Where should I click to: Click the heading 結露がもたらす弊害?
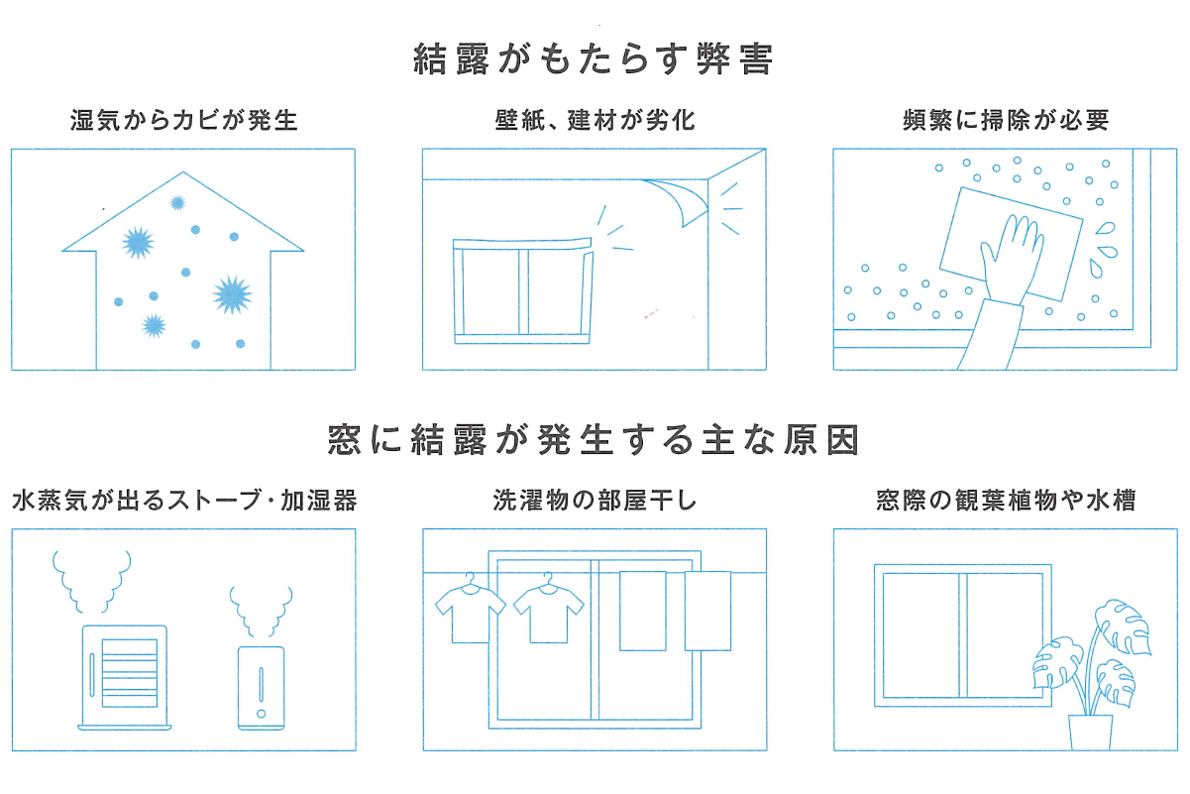click(x=593, y=59)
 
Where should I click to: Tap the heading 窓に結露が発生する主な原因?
click(x=594, y=439)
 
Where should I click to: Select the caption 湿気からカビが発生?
click(x=184, y=120)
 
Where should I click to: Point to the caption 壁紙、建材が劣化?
click(x=595, y=120)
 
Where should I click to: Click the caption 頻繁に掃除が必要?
click(x=1006, y=120)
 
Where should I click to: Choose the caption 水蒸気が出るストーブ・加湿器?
click(x=184, y=501)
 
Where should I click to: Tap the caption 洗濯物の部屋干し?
click(x=595, y=501)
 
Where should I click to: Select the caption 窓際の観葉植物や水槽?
click(x=1006, y=501)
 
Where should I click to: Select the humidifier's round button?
click(x=261, y=714)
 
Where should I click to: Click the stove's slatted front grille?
click(x=130, y=673)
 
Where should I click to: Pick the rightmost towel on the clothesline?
click(x=707, y=611)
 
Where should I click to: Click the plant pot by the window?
click(x=1090, y=733)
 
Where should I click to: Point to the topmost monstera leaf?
click(x=1123, y=627)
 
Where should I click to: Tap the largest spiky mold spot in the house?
click(x=232, y=294)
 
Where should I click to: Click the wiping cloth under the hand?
click(x=1011, y=245)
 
